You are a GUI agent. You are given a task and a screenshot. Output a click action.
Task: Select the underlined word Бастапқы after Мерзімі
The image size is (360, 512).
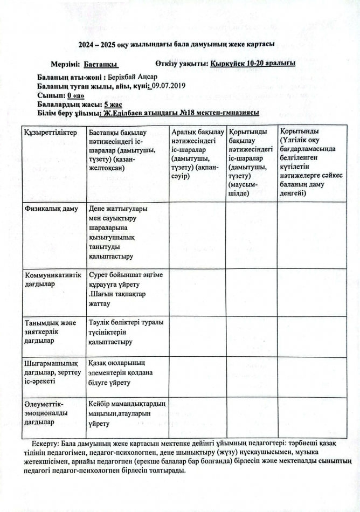point(101,64)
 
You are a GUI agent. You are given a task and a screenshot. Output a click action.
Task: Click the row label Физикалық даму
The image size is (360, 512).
point(52,209)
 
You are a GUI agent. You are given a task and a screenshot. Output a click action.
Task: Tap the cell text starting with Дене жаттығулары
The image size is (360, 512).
point(119,232)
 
